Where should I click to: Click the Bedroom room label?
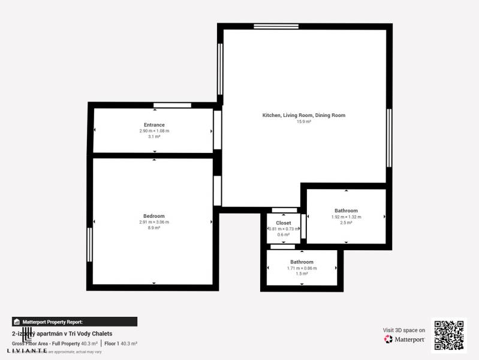tap(153, 216)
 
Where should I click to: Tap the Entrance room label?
tap(154, 125)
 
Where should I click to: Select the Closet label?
tap(284, 223)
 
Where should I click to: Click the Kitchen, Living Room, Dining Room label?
tap(304, 115)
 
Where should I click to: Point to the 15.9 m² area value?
tap(304, 122)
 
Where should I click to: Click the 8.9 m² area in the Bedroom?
tap(153, 228)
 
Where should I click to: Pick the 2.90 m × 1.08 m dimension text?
tap(154, 131)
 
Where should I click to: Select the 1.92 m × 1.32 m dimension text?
tap(346, 217)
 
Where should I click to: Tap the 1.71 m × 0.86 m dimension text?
tap(302, 268)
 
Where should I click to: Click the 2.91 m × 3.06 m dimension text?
tap(153, 222)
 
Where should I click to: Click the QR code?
tap(449, 335)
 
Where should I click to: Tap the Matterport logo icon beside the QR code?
tap(389, 339)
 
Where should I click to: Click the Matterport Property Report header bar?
tap(74, 322)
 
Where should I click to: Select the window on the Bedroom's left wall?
tap(90, 244)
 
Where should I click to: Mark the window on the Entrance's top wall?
tap(172, 106)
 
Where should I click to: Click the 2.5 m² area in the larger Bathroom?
tap(346, 223)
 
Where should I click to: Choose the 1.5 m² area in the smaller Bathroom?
tap(302, 274)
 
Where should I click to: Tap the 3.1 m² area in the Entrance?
tap(154, 137)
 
